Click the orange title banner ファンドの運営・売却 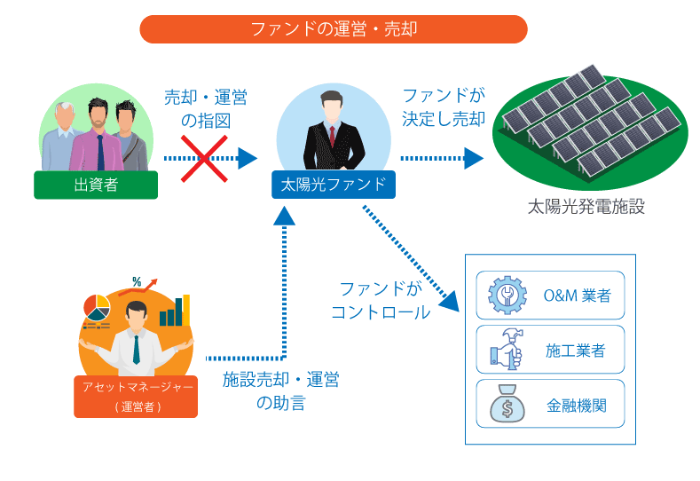(334, 29)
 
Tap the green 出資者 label (96, 185)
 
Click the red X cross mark (204, 158)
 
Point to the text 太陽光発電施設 (586, 208)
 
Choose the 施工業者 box (550, 351)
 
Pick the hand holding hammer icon (505, 351)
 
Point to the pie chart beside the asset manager (97, 306)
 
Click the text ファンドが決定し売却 (443, 107)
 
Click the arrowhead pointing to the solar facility (474, 158)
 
